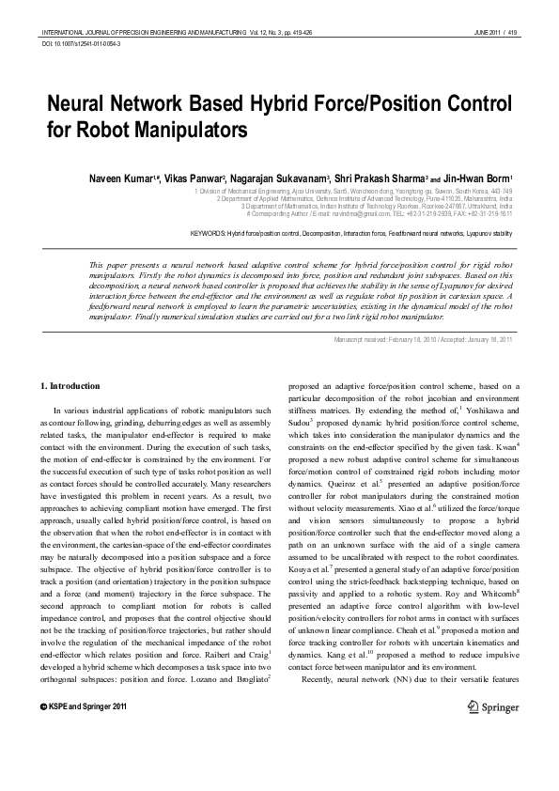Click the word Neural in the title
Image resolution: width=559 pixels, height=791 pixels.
[81, 104]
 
